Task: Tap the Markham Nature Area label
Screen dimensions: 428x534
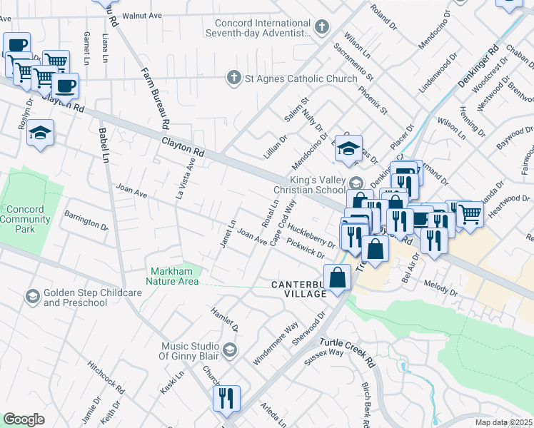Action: click(x=175, y=276)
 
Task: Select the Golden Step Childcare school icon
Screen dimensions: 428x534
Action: click(x=32, y=296)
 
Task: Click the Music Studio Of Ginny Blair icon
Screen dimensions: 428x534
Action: click(x=230, y=350)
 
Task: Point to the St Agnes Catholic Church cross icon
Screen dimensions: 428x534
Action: click(x=233, y=78)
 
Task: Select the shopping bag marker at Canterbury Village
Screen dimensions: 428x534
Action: click(x=338, y=277)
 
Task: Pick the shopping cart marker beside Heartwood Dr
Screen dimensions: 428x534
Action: click(x=470, y=212)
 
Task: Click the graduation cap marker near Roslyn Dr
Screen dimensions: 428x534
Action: click(x=41, y=133)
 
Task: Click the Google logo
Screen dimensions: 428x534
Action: click(x=24, y=419)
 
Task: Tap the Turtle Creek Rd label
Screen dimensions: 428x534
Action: click(x=348, y=352)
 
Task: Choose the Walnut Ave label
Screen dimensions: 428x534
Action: click(x=142, y=15)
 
